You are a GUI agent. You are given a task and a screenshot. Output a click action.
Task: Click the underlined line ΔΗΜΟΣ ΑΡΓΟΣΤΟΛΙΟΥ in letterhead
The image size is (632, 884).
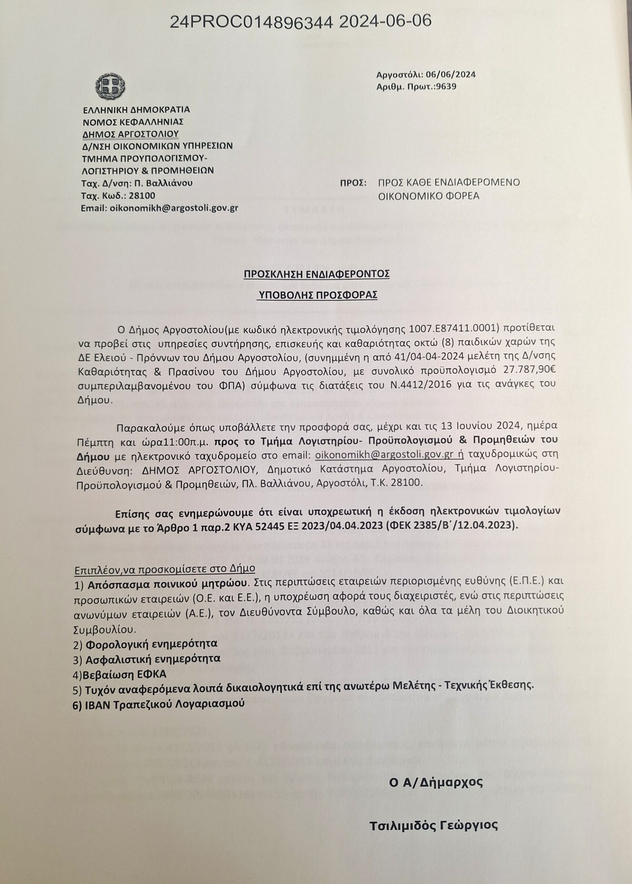[130, 134]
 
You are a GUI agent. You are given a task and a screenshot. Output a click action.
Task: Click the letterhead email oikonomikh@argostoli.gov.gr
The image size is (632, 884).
[174, 208]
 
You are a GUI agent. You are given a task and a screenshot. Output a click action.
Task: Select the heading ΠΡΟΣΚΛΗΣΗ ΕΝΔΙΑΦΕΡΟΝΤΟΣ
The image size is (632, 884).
[317, 274]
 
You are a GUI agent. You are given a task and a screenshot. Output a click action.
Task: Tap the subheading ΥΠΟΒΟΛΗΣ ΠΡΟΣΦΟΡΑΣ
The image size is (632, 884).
[318, 295]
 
